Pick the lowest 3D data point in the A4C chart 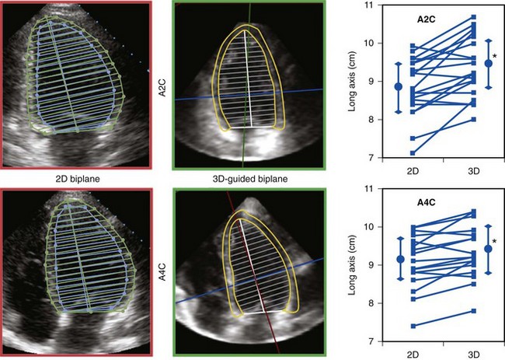pyautogui.click(x=473, y=311)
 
